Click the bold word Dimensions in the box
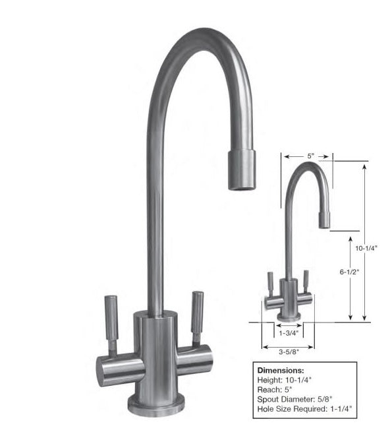[281, 371]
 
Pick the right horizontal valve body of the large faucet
[195, 361]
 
